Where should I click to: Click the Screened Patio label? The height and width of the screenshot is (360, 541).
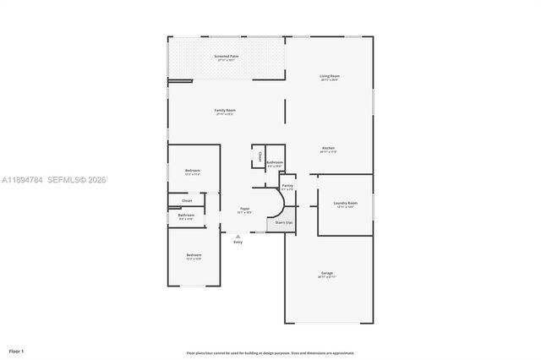coord(227,56)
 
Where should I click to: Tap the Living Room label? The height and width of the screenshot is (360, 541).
coord(330,77)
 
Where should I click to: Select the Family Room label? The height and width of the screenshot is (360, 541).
coord(224,111)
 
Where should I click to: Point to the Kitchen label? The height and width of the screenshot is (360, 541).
coord(328,149)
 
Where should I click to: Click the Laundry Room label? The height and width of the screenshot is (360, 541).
coord(345,203)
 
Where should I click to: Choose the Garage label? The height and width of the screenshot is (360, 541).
coord(326,273)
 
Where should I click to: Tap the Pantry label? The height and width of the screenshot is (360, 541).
coord(287,186)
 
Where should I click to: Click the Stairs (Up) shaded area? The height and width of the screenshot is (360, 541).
coord(284,223)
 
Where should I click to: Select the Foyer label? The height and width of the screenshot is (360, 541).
coord(244,208)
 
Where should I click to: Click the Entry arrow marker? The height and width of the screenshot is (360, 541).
coord(238,236)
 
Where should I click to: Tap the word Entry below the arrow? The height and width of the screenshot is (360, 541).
coord(238,243)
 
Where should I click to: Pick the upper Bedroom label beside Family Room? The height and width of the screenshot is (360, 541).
coord(193,172)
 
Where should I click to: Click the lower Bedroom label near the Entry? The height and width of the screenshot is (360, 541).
coord(194,255)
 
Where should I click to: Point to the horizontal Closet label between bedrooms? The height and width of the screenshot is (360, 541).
coord(187,200)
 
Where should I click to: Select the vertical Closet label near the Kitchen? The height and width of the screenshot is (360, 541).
coord(260,155)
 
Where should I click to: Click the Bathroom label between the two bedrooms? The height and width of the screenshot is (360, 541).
coord(186,215)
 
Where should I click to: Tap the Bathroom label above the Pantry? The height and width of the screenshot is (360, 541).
coord(275,163)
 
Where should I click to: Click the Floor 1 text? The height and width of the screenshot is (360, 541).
coord(16,350)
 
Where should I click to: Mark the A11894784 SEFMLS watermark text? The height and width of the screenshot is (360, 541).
coord(54,179)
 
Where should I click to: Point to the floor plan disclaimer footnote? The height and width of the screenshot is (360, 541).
coord(270,353)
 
